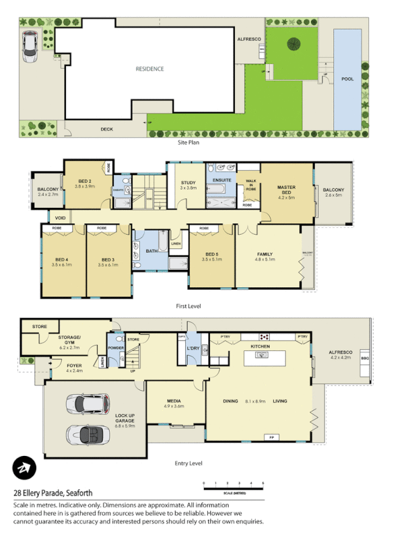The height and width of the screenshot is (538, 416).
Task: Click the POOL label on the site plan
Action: coord(347,79)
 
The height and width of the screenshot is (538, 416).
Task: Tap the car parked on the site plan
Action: coord(31,46)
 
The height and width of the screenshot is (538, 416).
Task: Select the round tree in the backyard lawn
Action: coord(294,44)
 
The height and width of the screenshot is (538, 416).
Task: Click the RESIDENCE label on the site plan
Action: coord(149,69)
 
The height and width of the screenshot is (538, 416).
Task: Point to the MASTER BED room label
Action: coord(287,190)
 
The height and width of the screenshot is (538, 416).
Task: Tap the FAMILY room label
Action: coord(265,254)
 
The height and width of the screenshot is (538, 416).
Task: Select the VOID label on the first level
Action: coord(60,219)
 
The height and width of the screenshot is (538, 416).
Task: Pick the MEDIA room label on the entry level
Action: coord(174,401)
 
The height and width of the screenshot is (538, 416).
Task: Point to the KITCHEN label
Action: coord(261,346)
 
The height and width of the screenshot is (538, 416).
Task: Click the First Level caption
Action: coord(188,306)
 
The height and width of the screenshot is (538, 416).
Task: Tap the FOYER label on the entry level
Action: coord(73,366)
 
